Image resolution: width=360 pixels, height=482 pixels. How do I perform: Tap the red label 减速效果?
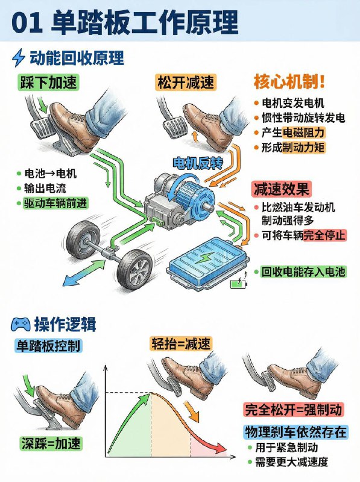280,189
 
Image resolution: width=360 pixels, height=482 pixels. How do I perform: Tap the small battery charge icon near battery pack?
241,281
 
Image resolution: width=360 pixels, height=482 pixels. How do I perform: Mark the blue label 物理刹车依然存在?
294,432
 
